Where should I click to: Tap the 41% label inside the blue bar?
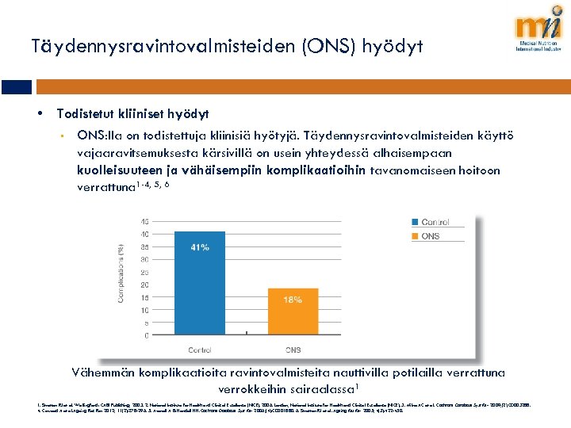tap(200, 247)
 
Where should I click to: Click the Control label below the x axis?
tap(199, 348)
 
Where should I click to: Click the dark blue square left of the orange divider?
tap(15, 87)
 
